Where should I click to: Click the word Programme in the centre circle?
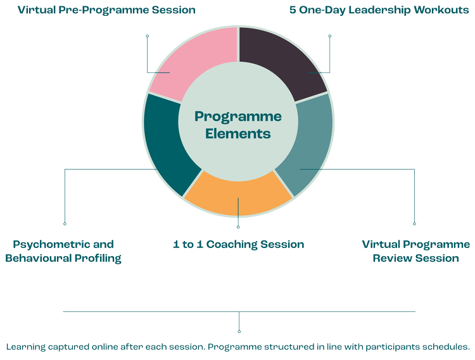point(238,117)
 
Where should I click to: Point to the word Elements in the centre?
point(238,134)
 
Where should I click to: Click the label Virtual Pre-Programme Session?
point(106,10)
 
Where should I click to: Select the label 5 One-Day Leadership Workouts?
point(379,10)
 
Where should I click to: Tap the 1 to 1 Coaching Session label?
point(238,244)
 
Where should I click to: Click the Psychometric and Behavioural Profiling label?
point(63,251)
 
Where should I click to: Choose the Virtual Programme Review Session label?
point(415,251)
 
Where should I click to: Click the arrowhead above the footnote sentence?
point(239,332)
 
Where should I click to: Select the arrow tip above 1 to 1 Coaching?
point(238,227)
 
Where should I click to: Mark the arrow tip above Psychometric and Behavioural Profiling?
point(65,223)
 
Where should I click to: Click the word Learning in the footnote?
point(26,347)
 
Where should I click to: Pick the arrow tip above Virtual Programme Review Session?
point(415,223)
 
